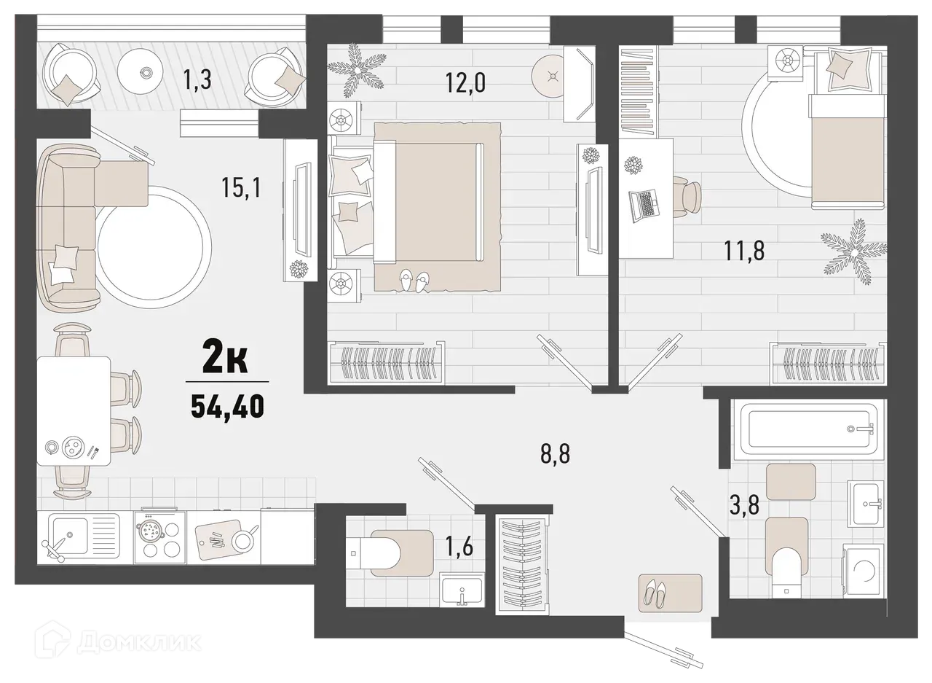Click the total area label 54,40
point(226,405)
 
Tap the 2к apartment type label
point(226,360)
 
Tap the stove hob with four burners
point(158,536)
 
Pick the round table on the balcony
point(146,72)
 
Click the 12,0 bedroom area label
point(466,80)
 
